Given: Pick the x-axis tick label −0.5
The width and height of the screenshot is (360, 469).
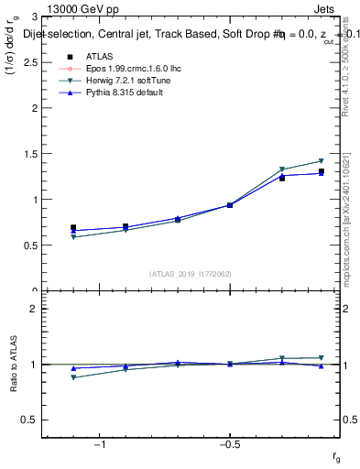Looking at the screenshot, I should [x=229, y=445].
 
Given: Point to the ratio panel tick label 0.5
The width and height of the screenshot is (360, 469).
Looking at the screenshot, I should [x=29, y=420].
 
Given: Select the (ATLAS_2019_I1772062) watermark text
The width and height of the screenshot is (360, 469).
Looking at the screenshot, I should [x=191, y=273].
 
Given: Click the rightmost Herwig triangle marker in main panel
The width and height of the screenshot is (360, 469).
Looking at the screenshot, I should [x=321, y=161].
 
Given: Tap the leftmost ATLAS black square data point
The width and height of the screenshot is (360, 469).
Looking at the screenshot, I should [x=73, y=227].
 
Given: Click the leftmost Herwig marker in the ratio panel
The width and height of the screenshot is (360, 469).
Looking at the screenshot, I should [x=73, y=377].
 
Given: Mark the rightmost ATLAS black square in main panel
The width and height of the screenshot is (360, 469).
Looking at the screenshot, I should [x=321, y=171].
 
